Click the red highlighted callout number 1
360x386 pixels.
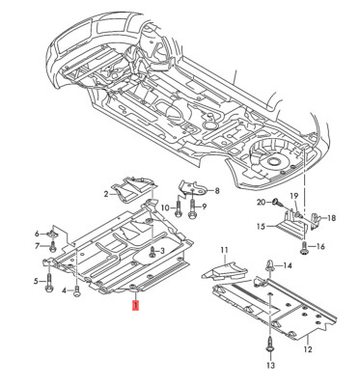pyautogui.click(x=136, y=305)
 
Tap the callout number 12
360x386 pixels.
pyautogui.click(x=307, y=337)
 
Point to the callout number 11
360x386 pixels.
pyautogui.click(x=223, y=250)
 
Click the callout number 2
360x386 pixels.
pyautogui.click(x=107, y=194)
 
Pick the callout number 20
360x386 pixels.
pyautogui.click(x=261, y=201)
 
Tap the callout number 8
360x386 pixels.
pyautogui.click(x=217, y=191)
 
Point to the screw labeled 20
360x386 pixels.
pyautogui.click(x=275, y=202)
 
